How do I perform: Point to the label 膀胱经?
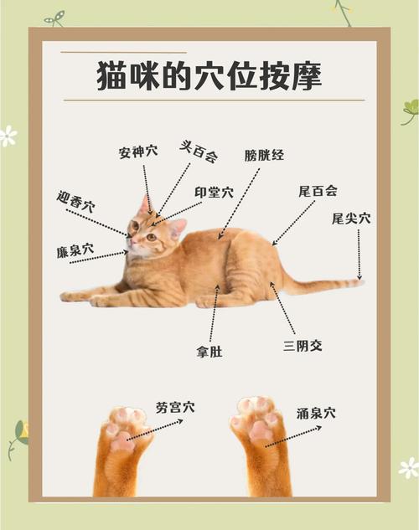click(x=264, y=155)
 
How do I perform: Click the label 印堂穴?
click(x=214, y=192)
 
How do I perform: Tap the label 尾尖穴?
click(x=350, y=219)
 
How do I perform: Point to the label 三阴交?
click(x=303, y=345)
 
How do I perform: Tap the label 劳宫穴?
click(x=174, y=408)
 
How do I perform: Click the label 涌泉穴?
click(x=316, y=413)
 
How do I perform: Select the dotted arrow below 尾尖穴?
click(x=359, y=254)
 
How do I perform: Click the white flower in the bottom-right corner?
click(x=408, y=467)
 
